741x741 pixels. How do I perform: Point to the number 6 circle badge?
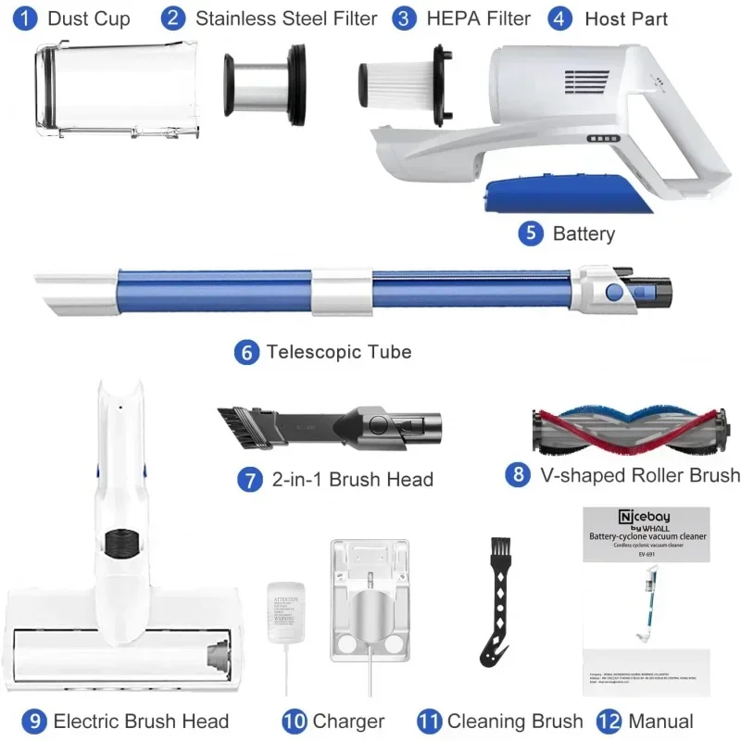(x=246, y=352)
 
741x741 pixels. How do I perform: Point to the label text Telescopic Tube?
(x=339, y=352)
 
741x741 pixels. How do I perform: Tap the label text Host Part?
(x=626, y=19)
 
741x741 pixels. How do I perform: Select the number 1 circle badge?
(x=26, y=18)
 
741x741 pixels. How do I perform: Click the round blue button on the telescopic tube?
(x=613, y=293)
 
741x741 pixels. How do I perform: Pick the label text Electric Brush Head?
(x=141, y=721)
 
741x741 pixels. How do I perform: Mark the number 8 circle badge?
(x=518, y=475)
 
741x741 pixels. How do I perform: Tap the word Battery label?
(x=584, y=233)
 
